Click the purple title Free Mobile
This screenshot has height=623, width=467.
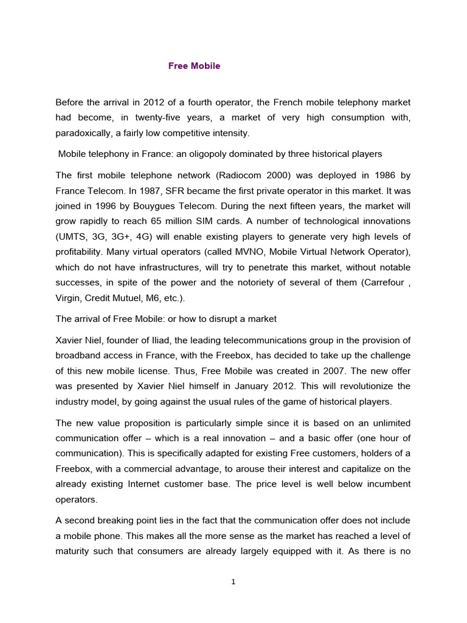point(194,66)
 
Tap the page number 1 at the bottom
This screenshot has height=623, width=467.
point(233,582)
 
